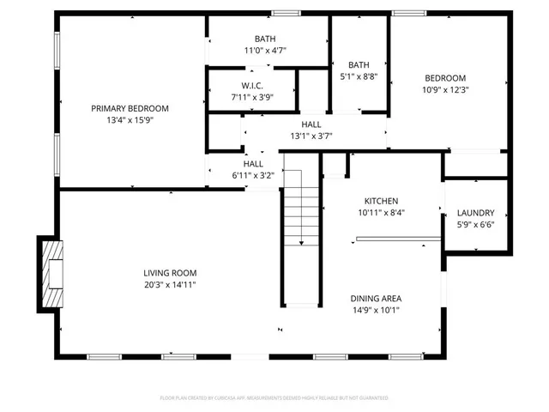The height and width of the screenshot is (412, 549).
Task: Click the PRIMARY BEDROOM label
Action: pyautogui.click(x=130, y=108)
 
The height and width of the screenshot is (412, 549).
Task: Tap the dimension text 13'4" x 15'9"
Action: pyautogui.click(x=130, y=120)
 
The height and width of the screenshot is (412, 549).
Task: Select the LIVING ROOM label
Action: pyautogui.click(x=176, y=273)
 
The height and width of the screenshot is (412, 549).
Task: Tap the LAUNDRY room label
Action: pyautogui.click(x=475, y=213)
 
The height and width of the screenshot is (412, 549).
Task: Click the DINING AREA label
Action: pyautogui.click(x=375, y=299)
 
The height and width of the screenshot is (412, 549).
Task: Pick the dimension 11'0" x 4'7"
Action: pyautogui.click(x=264, y=51)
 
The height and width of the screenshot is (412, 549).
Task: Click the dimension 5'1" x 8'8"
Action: pyautogui.click(x=359, y=76)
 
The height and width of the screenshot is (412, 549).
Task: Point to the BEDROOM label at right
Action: pyautogui.click(x=444, y=77)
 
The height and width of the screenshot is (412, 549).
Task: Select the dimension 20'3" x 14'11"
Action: pyautogui.click(x=176, y=285)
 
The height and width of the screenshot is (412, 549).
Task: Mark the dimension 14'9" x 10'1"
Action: pyautogui.click(x=375, y=311)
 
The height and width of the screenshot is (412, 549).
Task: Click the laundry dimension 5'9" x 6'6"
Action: pyautogui.click(x=475, y=225)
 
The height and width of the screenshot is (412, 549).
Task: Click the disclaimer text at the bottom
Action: pyautogui.click(x=274, y=398)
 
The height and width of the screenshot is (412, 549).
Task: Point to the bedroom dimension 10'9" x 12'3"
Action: pyautogui.click(x=444, y=89)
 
